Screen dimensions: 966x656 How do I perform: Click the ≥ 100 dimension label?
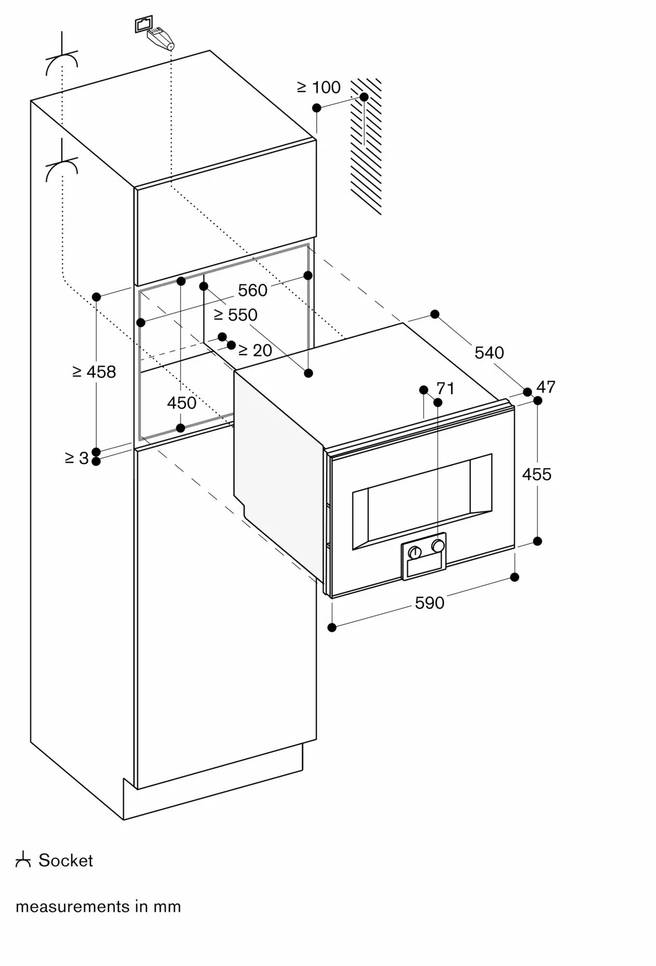(x=319, y=87)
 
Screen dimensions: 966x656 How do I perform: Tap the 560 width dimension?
(x=252, y=290)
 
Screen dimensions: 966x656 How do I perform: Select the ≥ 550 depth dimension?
(x=236, y=315)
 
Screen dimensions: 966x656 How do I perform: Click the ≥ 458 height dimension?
(x=94, y=372)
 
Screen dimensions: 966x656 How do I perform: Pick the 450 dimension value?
(x=181, y=403)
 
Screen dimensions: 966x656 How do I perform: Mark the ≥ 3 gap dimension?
(x=77, y=458)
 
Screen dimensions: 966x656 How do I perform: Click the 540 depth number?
(x=489, y=353)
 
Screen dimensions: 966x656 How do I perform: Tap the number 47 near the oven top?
(x=546, y=387)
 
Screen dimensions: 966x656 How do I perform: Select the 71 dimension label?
(x=445, y=388)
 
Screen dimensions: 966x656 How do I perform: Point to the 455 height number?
(x=536, y=474)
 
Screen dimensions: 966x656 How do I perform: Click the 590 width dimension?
(x=429, y=603)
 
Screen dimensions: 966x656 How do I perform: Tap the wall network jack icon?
(x=144, y=24)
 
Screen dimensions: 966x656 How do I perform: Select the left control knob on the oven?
(x=415, y=552)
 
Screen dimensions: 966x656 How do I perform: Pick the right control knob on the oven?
(x=438, y=546)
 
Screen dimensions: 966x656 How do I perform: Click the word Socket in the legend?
(x=66, y=861)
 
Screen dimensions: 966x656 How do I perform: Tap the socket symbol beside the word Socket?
(x=23, y=860)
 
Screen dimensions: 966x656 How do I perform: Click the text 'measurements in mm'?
(x=98, y=907)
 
